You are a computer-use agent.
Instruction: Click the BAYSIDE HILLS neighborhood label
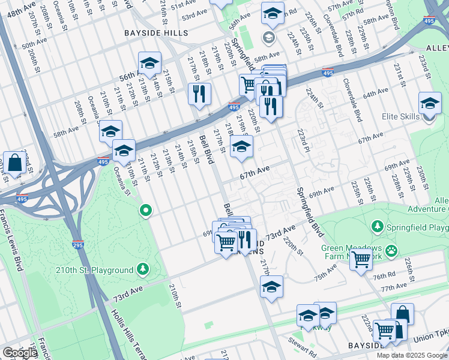click(155, 33)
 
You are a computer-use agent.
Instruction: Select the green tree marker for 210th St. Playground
click(143, 268)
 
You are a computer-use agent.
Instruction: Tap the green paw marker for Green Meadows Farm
click(391, 249)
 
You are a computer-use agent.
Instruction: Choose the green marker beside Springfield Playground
click(377, 227)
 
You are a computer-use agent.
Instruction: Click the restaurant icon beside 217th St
click(199, 94)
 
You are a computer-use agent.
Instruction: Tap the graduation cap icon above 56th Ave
click(149, 63)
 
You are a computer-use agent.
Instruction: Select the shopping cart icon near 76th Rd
click(361, 260)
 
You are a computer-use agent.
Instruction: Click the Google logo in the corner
click(20, 353)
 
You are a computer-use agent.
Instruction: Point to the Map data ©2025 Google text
click(412, 355)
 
